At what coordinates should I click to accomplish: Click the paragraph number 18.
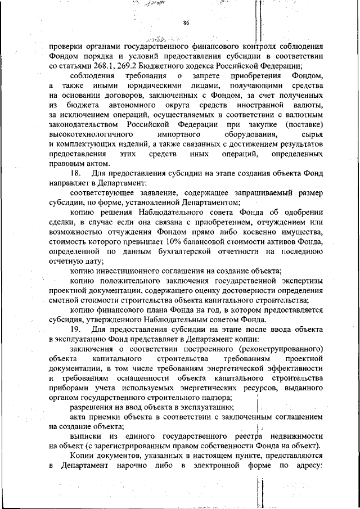point(76,173)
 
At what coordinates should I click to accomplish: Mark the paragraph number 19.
point(76,328)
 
